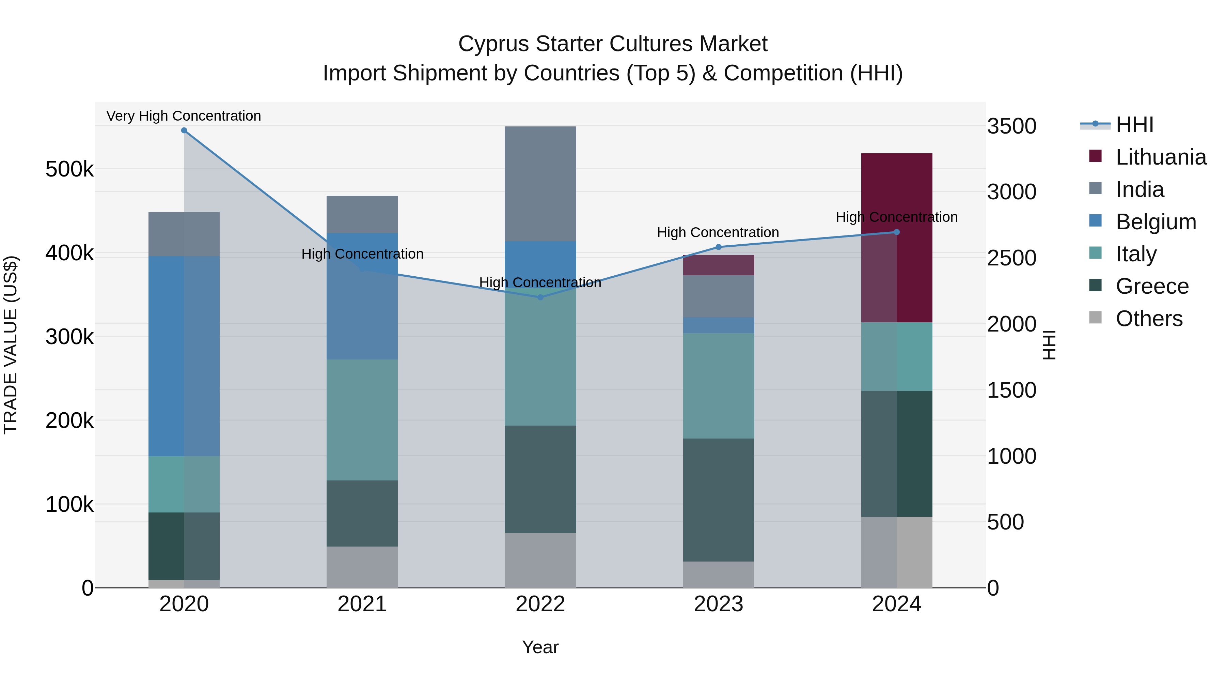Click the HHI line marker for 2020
(184, 131)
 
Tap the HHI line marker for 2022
(540, 297)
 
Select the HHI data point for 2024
(897, 232)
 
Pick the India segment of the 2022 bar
(540, 183)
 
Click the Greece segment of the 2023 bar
(719, 500)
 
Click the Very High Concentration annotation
(184, 116)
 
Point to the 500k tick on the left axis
(69, 169)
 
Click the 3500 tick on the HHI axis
(1011, 126)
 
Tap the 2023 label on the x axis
(719, 604)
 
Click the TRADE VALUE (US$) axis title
(11, 345)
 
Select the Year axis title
(540, 647)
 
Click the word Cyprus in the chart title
(493, 44)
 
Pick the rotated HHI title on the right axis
(1049, 345)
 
